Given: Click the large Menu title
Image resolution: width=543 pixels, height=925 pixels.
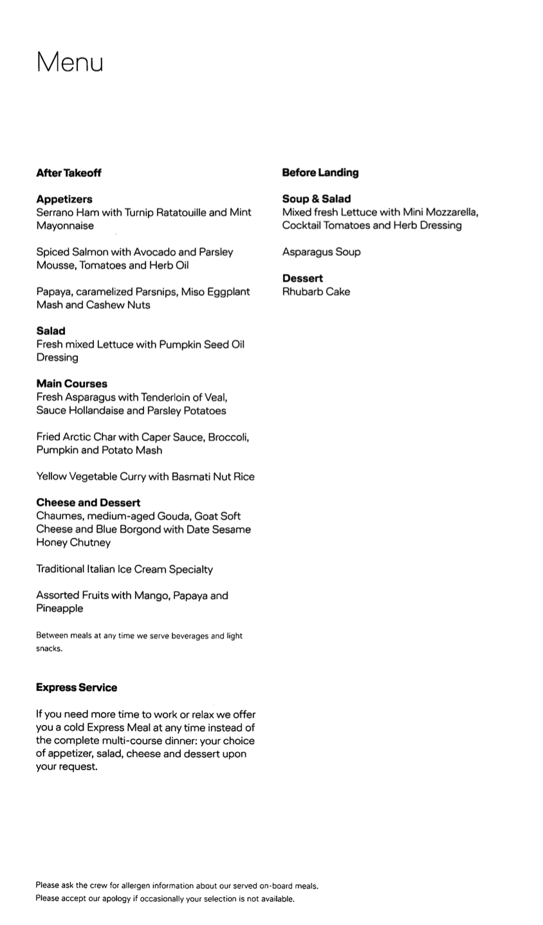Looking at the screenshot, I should click(69, 62).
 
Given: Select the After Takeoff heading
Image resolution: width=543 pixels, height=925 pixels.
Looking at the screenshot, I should click(69, 173).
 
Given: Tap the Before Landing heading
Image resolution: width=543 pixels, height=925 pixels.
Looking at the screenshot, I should click(320, 172).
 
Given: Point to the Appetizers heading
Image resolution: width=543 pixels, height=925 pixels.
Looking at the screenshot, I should click(64, 199).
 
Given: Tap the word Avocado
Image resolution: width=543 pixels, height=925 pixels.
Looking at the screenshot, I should click(154, 252).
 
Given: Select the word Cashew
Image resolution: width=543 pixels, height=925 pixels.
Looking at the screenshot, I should click(107, 305).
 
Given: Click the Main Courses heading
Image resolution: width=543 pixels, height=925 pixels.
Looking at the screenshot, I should click(72, 384).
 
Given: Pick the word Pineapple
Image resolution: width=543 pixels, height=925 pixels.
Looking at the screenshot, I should click(60, 609).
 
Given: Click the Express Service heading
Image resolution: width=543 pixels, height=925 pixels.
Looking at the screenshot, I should click(77, 688).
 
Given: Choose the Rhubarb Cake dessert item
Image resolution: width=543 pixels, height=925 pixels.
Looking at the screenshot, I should click(317, 291).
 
